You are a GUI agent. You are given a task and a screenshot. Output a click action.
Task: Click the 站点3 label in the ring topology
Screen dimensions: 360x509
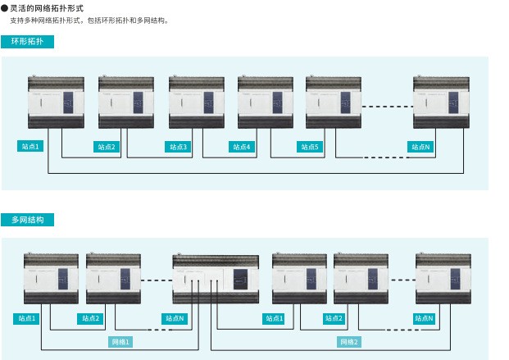click(178, 148)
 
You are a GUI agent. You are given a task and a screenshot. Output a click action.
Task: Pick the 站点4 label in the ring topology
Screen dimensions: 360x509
click(243, 148)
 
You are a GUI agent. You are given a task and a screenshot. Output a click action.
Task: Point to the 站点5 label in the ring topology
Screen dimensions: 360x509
click(311, 148)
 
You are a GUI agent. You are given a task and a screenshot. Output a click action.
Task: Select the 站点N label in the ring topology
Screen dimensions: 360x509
click(419, 148)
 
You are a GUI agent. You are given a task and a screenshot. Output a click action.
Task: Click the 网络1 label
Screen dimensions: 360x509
click(120, 341)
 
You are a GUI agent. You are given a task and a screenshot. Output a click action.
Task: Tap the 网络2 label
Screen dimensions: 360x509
click(349, 341)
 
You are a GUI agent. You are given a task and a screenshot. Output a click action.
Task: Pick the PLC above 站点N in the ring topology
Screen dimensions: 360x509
click(441, 102)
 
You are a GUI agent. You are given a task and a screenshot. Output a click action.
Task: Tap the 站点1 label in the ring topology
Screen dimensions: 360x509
click(30, 147)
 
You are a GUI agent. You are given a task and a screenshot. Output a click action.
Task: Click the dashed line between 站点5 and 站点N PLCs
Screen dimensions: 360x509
click(387, 105)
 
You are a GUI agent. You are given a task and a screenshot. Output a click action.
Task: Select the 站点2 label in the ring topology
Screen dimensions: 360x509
click(107, 148)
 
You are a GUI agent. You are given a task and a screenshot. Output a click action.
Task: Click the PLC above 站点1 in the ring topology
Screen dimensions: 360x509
click(56, 102)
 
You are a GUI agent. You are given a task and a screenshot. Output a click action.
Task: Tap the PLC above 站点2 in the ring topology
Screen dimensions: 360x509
click(126, 102)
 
